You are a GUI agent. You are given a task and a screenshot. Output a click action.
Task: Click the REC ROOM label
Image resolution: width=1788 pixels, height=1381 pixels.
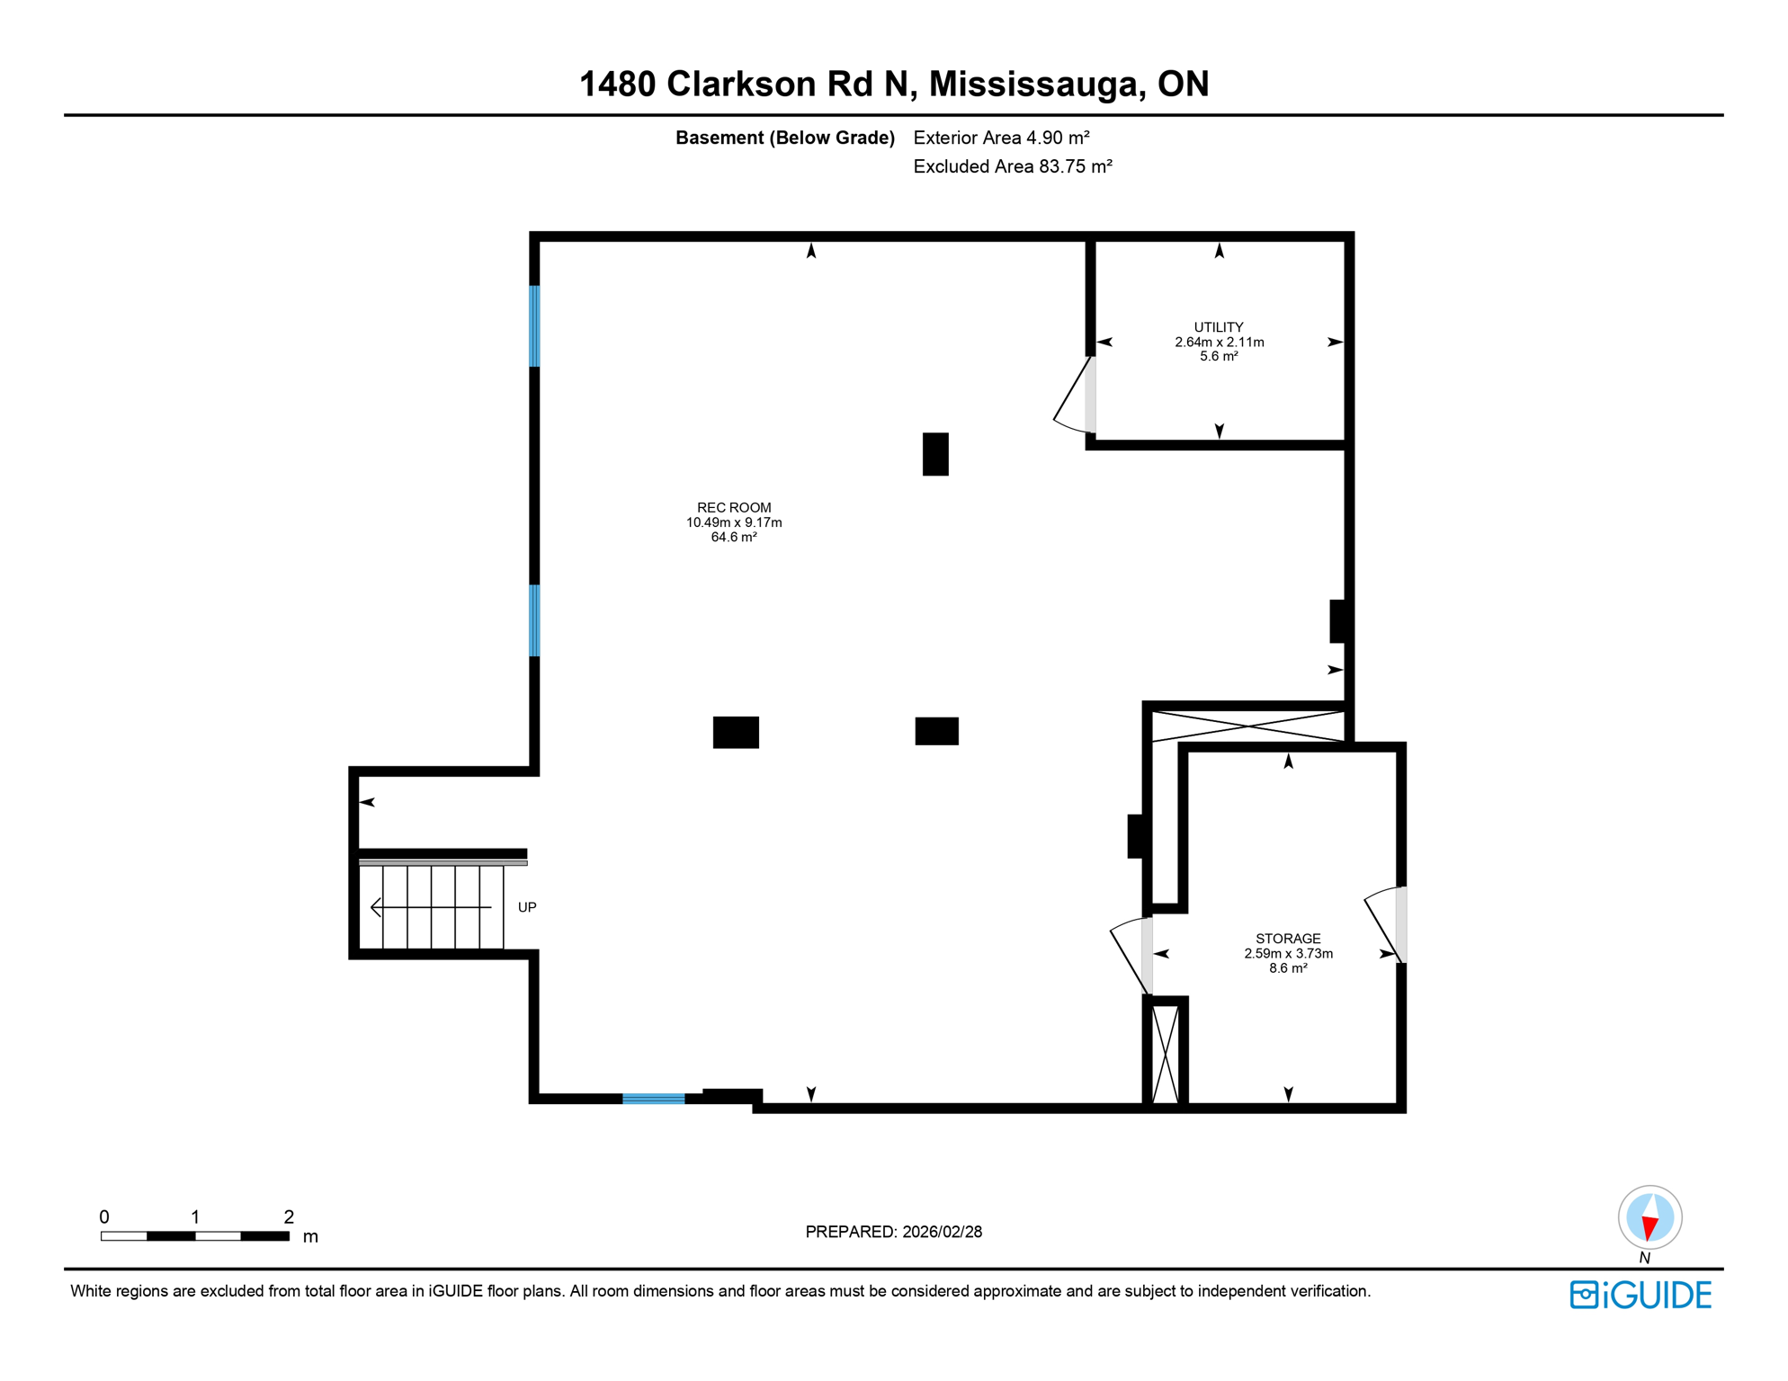click(734, 508)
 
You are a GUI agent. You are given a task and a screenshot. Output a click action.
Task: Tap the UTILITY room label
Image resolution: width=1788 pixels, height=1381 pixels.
click(1219, 327)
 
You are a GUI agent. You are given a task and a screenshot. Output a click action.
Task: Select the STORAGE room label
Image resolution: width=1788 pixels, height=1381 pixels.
click(1288, 939)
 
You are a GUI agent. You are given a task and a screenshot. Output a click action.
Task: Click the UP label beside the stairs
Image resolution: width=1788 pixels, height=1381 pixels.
click(527, 907)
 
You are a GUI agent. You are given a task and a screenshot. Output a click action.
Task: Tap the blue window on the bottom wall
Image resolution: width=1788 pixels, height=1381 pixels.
click(654, 1099)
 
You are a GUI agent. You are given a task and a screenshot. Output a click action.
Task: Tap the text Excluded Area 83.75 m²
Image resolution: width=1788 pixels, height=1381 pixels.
click(1013, 166)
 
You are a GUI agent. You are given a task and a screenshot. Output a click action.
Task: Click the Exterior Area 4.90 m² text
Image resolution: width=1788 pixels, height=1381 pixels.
click(1001, 138)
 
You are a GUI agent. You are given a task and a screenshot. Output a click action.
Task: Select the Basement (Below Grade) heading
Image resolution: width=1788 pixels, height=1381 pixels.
click(784, 138)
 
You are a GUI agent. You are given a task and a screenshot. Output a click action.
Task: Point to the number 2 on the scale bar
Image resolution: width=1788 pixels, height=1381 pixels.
click(289, 1216)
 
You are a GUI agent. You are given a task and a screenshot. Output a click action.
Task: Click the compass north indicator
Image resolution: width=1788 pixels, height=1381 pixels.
click(1649, 1219)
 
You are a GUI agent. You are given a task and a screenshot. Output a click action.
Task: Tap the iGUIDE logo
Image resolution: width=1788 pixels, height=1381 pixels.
click(1640, 1295)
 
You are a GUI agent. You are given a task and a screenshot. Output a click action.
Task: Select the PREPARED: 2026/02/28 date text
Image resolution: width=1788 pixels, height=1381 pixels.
click(893, 1232)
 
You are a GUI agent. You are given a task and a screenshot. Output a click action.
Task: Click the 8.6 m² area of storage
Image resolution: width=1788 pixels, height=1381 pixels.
click(1288, 968)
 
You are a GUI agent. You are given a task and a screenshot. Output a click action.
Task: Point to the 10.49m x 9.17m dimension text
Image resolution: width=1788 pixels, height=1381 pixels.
click(734, 522)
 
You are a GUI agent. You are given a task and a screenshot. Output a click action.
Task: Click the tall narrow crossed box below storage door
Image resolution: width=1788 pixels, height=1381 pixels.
click(1166, 1054)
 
